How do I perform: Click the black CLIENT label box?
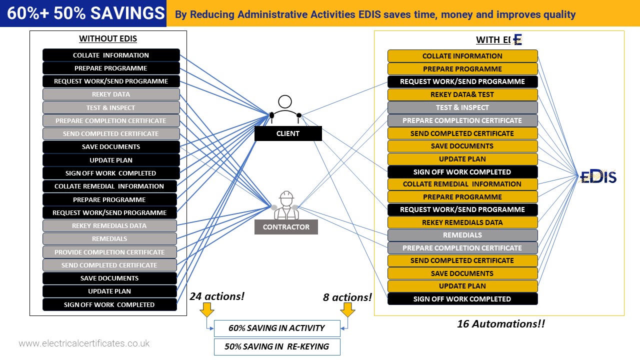[x=288, y=133]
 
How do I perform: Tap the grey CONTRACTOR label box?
[x=286, y=227]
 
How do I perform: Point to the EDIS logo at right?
[x=598, y=176]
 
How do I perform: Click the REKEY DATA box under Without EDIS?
[x=111, y=94]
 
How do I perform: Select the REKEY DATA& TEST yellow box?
[x=462, y=94]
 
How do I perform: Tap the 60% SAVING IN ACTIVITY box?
[x=276, y=328]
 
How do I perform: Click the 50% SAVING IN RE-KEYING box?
[x=276, y=346]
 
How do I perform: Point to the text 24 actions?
[x=217, y=296]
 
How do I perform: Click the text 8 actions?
[x=347, y=297]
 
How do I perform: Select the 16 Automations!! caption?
[x=500, y=324]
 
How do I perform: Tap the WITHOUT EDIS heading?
[x=108, y=39]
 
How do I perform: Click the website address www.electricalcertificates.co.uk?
[x=84, y=343]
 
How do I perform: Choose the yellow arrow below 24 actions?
[x=206, y=311]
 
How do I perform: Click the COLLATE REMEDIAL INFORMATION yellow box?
[x=462, y=184]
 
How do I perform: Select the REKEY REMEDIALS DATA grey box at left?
[x=109, y=226]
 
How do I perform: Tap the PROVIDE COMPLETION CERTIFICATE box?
[x=109, y=252]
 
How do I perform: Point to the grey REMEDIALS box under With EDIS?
[x=462, y=235]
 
